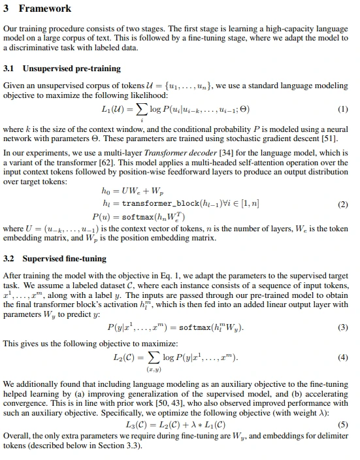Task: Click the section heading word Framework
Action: coord(46,8)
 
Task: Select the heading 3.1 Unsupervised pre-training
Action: coord(61,68)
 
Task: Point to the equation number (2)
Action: coord(344,204)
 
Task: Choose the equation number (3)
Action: coord(344,327)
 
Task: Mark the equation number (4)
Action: coord(344,358)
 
